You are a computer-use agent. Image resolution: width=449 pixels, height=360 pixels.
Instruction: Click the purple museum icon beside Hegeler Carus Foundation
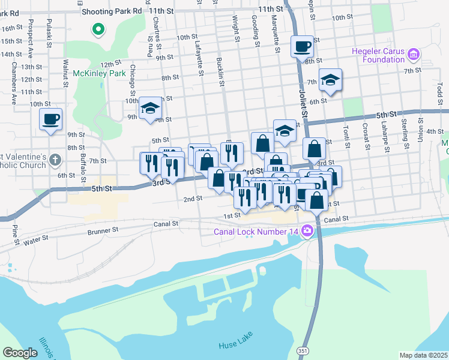click(413, 56)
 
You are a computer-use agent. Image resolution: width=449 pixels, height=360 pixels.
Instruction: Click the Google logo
click(20, 352)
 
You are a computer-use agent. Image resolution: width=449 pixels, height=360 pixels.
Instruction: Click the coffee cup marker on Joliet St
click(302, 46)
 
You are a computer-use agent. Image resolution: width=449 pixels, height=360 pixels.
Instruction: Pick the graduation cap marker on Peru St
click(150, 108)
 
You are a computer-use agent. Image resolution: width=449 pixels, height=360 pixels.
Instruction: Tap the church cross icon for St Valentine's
click(55, 160)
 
